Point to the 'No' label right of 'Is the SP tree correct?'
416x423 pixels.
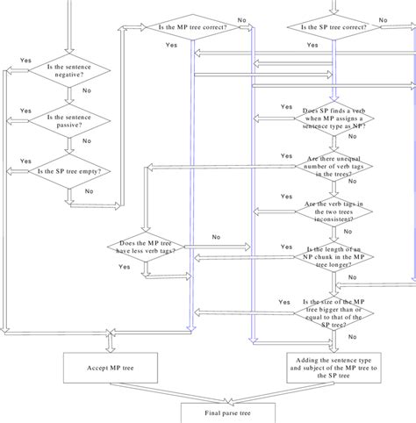point(383,19)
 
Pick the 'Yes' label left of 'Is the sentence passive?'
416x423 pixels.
point(25,111)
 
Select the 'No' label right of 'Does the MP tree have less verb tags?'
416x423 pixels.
point(215,237)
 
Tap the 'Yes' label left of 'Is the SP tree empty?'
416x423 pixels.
point(25,161)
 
